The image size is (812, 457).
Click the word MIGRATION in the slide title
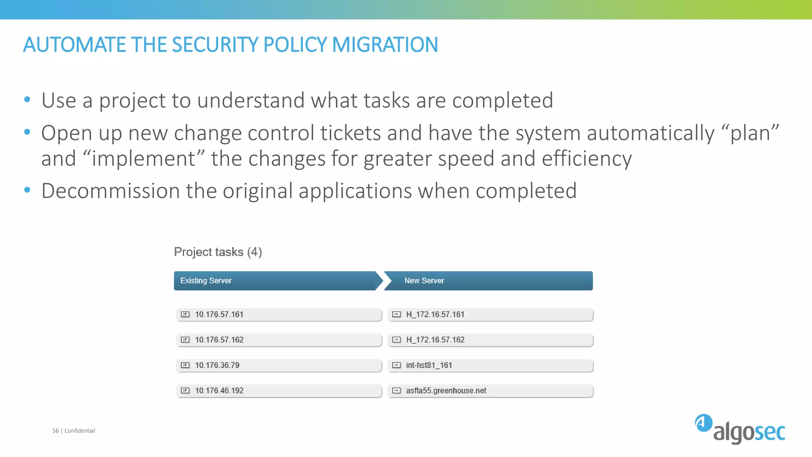coord(385,44)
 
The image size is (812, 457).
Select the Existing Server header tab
coord(275,280)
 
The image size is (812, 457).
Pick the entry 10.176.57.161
coord(279,315)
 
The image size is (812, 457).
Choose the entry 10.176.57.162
coord(279,340)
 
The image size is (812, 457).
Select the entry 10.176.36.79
coord(279,365)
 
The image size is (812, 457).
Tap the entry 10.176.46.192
coord(279,391)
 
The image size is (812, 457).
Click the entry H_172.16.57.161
coord(490,315)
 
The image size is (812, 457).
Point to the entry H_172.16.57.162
coord(490,340)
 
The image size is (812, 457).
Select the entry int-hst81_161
coord(490,365)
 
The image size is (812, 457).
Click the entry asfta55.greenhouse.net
coord(490,391)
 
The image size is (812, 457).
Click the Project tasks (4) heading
coord(218,252)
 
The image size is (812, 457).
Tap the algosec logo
coord(740,429)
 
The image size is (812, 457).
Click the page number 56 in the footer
coord(56,431)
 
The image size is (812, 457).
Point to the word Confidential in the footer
coord(80,431)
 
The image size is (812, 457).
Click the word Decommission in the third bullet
coord(111,191)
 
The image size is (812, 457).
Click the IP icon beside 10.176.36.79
coord(185,365)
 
